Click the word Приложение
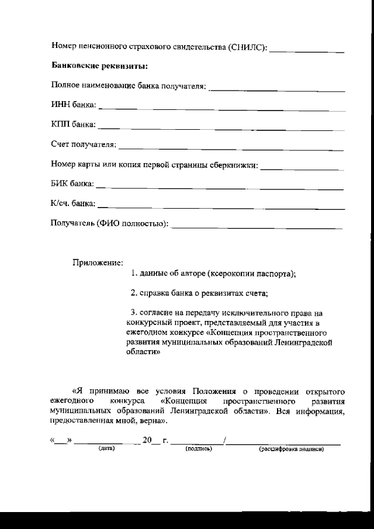[x=98, y=263]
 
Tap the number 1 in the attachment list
[x=133, y=274]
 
